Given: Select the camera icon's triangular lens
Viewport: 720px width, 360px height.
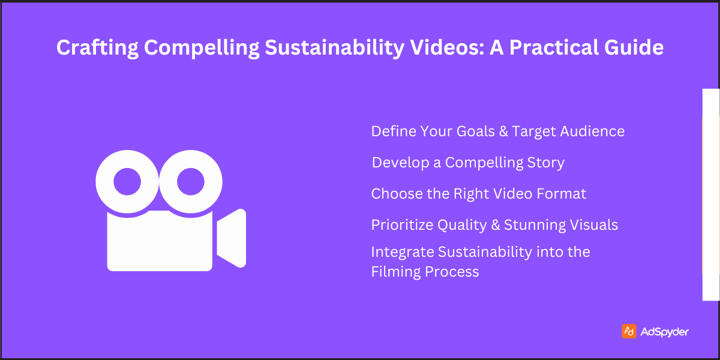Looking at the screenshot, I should point(233,238).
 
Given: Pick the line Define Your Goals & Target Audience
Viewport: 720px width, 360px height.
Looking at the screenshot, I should point(497,131).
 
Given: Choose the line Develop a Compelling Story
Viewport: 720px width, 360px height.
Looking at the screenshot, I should point(468,162).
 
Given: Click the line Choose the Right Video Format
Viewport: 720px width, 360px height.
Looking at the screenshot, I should point(478,194).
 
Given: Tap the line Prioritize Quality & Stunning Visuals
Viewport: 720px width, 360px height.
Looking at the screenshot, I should point(494,225).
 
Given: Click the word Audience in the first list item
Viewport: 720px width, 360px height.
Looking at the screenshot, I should point(592,131).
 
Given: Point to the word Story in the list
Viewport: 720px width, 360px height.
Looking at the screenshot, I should point(546,162).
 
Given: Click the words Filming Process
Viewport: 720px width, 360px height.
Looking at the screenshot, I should point(425,272).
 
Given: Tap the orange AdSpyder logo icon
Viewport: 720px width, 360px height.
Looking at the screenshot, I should point(629,331).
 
